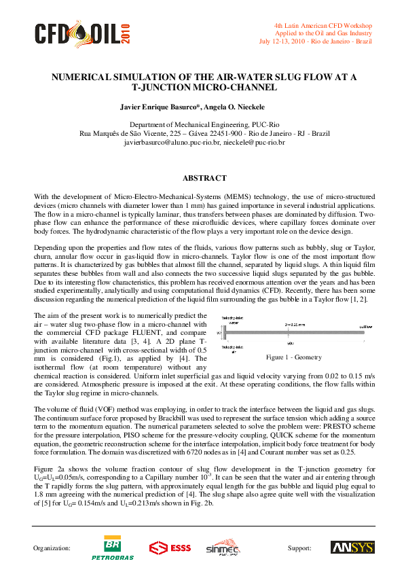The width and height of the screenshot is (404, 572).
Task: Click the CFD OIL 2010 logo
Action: pyautogui.click(x=81, y=33)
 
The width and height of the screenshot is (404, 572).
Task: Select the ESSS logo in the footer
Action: pyautogui.click(x=171, y=548)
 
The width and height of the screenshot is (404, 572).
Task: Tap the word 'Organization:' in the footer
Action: pyautogui.click(x=52, y=548)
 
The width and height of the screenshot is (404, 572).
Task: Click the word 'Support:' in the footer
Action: pyautogui.click(x=299, y=548)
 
